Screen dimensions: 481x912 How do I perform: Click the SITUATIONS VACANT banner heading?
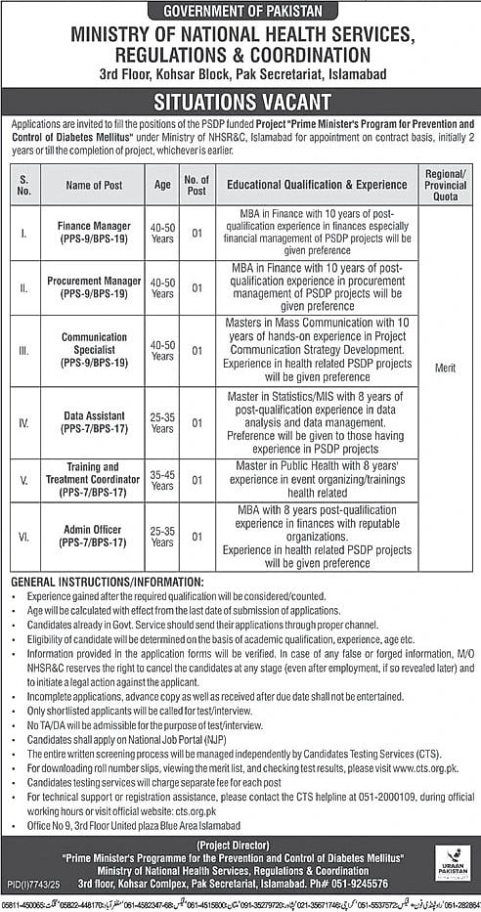(x=240, y=102)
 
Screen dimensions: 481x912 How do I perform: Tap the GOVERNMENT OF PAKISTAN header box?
(x=240, y=11)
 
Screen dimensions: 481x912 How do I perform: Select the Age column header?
(x=162, y=185)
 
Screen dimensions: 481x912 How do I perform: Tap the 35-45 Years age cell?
(x=162, y=480)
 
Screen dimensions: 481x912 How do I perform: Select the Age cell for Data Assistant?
(x=162, y=421)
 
